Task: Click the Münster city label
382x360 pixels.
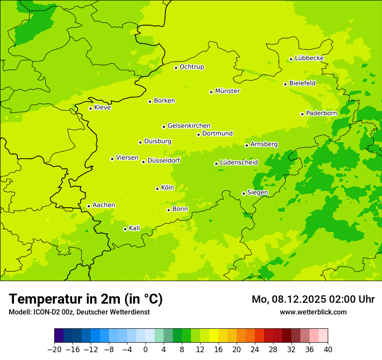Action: [227, 91]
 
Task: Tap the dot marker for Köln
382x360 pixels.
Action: [157, 189]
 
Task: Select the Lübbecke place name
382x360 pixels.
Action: [309, 58]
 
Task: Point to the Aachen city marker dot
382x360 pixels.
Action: [89, 206]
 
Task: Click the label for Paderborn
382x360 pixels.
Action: [321, 113]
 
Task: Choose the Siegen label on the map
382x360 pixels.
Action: [257, 193]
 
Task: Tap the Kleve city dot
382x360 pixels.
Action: [90, 108]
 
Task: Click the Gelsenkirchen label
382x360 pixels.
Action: [189, 126]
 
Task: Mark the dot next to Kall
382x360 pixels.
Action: [125, 229]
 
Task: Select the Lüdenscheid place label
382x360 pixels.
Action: [239, 163]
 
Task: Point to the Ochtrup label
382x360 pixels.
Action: [191, 67]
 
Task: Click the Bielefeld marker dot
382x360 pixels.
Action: [285, 84]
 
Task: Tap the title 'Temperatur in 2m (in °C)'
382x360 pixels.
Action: [86, 299]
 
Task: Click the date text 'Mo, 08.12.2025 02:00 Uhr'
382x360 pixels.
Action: [313, 299]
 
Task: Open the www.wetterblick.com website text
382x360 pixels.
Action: [313, 312]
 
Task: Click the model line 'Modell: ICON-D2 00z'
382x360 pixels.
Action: [79, 312]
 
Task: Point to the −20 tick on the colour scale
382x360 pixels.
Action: [54, 349]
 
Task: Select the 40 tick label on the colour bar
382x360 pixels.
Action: [328, 349]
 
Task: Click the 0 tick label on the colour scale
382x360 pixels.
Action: [145, 349]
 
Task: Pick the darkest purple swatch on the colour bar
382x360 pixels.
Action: [59, 336]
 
